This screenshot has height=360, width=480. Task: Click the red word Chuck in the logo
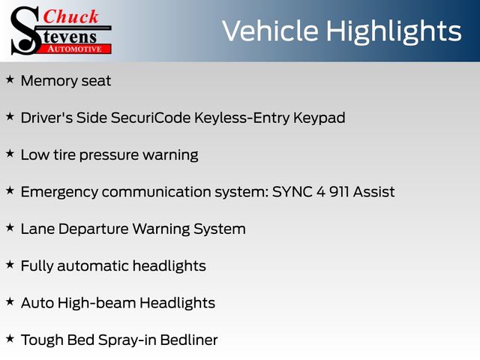coord(70,16)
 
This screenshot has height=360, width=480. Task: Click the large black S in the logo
coord(25,31)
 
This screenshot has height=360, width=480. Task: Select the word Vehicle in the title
coord(270,31)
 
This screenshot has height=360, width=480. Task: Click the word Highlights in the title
coord(394,31)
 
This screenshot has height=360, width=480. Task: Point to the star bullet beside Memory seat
coord(10,79)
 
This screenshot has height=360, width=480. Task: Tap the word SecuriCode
coord(151,118)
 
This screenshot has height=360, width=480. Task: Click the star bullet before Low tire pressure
coord(10,153)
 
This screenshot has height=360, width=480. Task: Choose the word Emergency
coord(59,193)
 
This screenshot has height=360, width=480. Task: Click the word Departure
coord(93,229)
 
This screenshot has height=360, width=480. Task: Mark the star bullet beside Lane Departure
coord(10,227)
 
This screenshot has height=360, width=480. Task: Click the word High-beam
coord(97,303)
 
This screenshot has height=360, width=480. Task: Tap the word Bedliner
coord(189,340)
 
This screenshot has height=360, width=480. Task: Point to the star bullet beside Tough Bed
coord(10,338)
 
